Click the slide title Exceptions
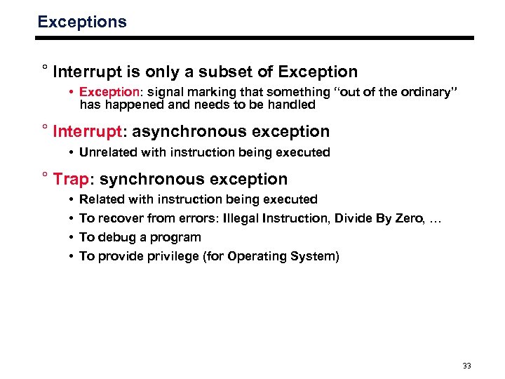(x=82, y=22)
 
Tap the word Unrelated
(x=109, y=152)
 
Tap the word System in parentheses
(x=315, y=257)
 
